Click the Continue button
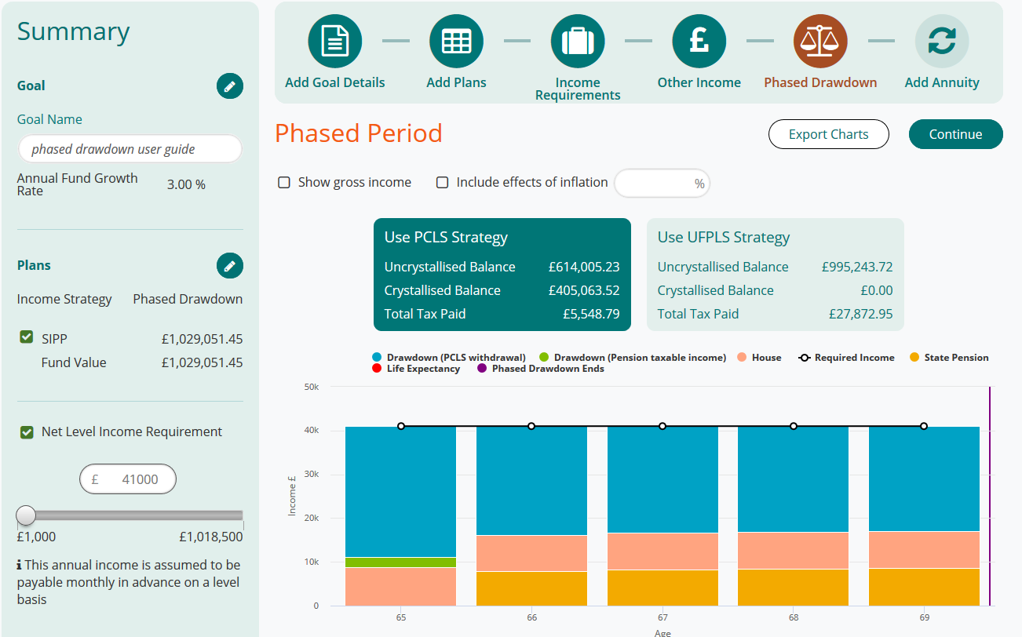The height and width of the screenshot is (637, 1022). pos(955,134)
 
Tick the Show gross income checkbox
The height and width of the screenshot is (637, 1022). pos(284,183)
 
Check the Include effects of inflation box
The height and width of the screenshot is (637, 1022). pos(443,183)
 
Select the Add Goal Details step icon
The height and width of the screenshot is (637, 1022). pos(335,42)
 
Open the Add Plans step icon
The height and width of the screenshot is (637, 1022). pos(456,42)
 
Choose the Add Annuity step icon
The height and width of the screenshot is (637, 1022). pos(942,42)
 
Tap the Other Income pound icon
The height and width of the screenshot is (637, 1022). pos(699,42)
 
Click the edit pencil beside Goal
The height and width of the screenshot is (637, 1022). pos(230,86)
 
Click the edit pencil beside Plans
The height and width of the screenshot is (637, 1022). pos(230,266)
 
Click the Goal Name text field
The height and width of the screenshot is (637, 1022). pos(130,149)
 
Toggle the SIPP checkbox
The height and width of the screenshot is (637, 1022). pos(27,337)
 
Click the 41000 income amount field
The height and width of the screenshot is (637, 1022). pos(128,479)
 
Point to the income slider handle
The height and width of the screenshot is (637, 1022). pos(27,515)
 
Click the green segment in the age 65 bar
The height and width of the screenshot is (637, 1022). pos(400,562)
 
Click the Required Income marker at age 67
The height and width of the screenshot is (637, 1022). pos(662,426)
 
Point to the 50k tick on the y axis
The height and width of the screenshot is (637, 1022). pos(311,387)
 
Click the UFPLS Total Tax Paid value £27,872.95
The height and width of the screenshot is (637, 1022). pos(860,314)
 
